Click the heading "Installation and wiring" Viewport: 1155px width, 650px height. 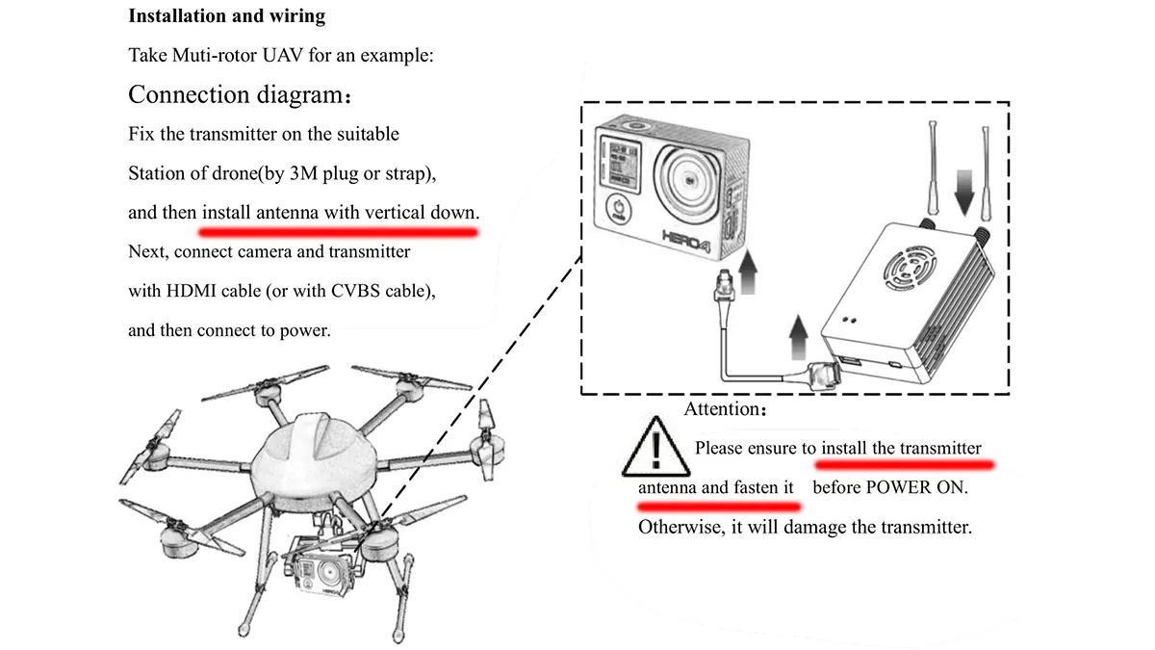[x=226, y=16]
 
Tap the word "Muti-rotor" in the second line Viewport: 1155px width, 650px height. [x=207, y=55]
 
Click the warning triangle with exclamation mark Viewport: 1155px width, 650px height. [x=656, y=447]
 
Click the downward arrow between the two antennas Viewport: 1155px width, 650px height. [x=962, y=197]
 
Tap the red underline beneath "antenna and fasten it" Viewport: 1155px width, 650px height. [x=718, y=505]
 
